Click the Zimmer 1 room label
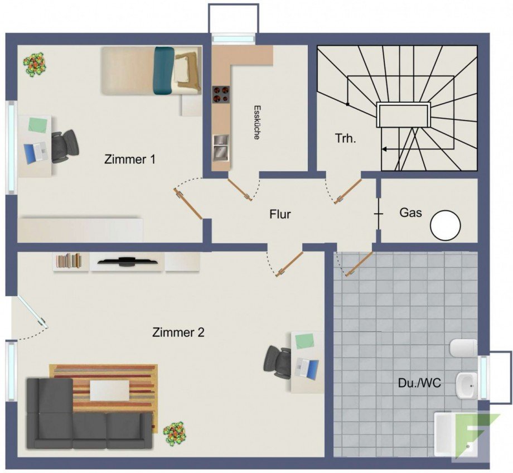click(x=129, y=160)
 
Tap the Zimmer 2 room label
click(x=178, y=332)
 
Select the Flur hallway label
click(x=280, y=214)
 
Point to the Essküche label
click(x=257, y=122)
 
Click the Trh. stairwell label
click(x=346, y=138)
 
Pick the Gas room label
click(x=410, y=213)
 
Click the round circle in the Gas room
click(x=446, y=225)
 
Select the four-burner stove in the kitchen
click(x=221, y=94)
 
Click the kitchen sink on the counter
click(x=221, y=148)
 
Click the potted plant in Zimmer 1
click(x=35, y=65)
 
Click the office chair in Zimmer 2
click(x=277, y=363)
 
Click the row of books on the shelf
click(x=69, y=260)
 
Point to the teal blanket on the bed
click(x=163, y=70)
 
